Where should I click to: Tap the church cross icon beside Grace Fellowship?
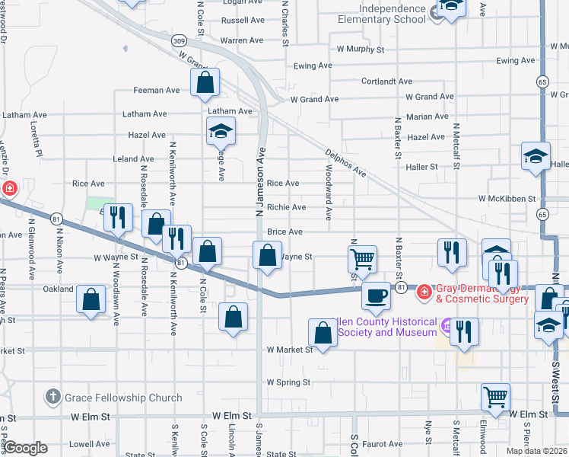click(x=52, y=397)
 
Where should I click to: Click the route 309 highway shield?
click(x=179, y=40)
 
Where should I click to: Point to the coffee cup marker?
click(x=376, y=296)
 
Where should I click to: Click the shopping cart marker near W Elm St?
click(x=495, y=397)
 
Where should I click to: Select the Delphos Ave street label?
click(x=346, y=161)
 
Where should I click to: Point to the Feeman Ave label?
click(x=157, y=91)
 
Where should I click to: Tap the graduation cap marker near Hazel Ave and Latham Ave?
click(x=221, y=133)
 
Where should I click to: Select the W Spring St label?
click(x=288, y=382)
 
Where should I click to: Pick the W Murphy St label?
click(x=361, y=50)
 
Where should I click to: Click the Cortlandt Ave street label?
click(x=386, y=81)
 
